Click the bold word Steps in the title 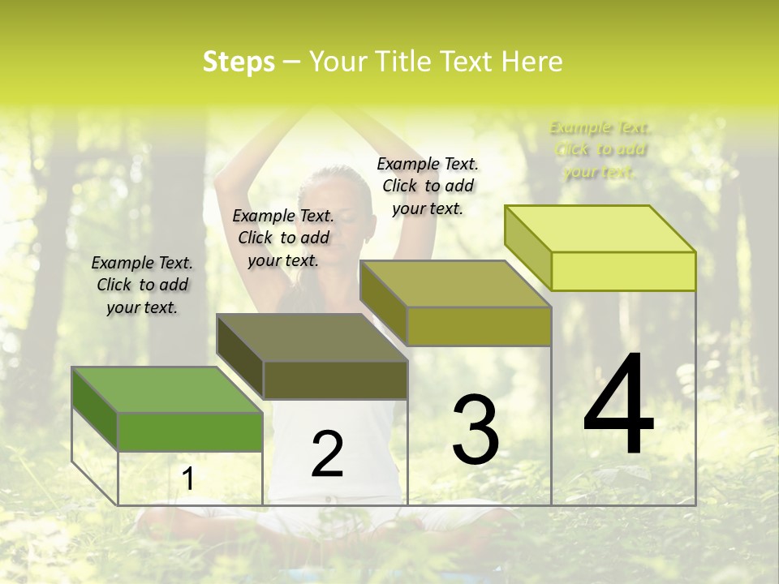239,62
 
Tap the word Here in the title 532,62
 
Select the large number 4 618,405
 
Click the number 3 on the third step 476,430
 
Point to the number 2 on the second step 327,454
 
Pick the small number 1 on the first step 187,479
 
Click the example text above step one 142,285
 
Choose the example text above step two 283,238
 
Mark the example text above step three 428,186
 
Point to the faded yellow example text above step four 600,149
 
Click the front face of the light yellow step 623,271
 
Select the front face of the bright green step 190,432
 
